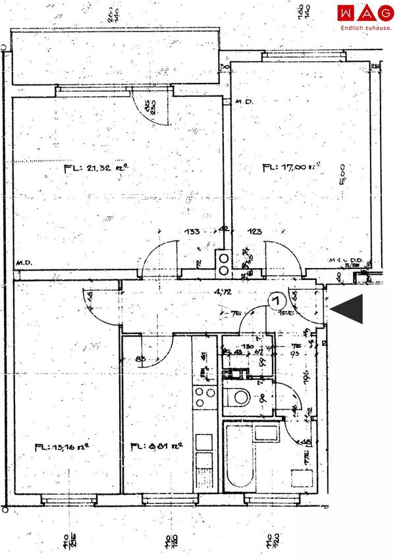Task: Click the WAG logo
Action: click(365, 13)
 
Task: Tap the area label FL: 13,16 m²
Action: click(62, 447)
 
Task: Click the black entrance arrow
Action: click(347, 309)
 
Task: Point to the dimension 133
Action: click(192, 231)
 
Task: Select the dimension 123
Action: click(255, 231)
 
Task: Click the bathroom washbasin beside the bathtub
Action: click(267, 434)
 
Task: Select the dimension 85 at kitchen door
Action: click(142, 360)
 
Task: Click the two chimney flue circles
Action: click(224, 264)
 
